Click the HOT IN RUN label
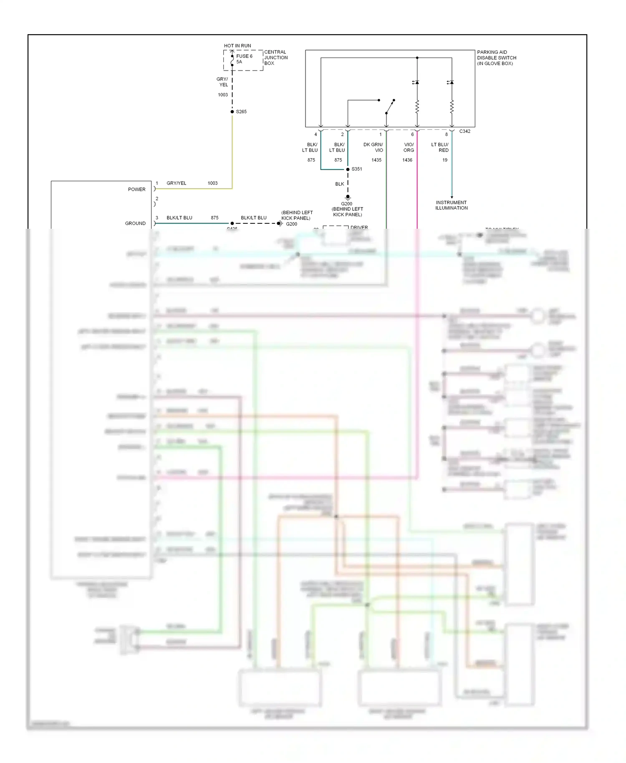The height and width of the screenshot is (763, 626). point(237,45)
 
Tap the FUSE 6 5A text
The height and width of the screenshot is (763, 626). point(244,59)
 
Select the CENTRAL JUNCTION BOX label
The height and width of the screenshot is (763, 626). point(275,58)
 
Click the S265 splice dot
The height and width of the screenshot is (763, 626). point(232,111)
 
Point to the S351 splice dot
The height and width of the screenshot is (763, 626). point(348,169)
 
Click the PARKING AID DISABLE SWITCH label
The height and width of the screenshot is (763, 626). point(496,58)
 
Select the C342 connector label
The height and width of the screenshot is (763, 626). point(464,131)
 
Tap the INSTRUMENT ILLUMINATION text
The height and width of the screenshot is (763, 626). point(451,205)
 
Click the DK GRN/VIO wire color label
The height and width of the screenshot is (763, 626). point(374,147)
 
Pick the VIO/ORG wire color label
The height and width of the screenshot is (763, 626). point(409,147)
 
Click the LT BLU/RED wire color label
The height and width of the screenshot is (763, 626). point(440,147)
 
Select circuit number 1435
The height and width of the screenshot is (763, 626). point(376,160)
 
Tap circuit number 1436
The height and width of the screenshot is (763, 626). point(407,160)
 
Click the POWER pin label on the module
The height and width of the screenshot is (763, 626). point(136,189)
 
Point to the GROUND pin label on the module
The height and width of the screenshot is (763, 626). point(135,223)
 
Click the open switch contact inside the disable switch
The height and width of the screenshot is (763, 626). point(390,107)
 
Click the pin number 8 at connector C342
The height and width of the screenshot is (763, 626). point(446,134)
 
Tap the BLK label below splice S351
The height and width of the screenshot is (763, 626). point(339,184)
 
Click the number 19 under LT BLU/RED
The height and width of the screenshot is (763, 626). point(445,160)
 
